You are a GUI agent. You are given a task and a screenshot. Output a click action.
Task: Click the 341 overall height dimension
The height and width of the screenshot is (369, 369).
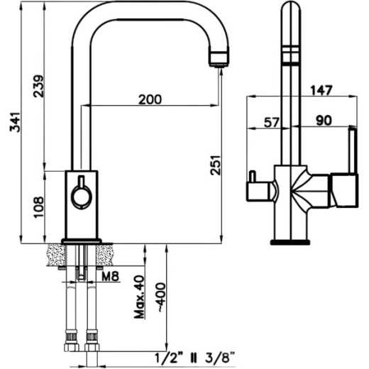coord(15,122)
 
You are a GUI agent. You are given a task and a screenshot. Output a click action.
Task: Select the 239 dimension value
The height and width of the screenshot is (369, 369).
coord(38,86)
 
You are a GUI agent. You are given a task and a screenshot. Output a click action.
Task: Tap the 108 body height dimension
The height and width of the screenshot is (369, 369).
coord(38,207)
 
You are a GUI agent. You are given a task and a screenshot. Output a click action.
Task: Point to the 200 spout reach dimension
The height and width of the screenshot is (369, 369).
coord(150,99)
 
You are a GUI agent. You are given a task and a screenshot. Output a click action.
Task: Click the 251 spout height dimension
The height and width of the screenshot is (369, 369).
coord(215,165)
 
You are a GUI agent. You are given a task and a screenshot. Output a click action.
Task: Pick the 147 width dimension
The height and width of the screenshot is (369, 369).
coord(321,90)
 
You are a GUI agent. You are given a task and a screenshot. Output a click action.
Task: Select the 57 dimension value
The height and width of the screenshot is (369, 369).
coord(272,122)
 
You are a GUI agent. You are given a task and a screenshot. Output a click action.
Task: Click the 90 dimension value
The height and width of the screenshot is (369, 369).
coord(324,120)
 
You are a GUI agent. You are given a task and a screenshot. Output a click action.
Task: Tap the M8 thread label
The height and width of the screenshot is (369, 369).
coord(110,276)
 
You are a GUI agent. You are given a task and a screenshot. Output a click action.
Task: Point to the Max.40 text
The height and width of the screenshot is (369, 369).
coord(139,297)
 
